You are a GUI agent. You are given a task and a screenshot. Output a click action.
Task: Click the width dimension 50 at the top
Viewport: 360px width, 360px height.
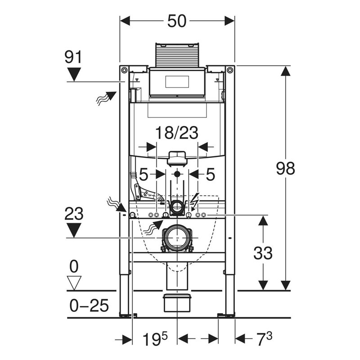click(x=177, y=21)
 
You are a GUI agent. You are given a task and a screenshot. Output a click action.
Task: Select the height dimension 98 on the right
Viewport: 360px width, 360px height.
click(x=286, y=168)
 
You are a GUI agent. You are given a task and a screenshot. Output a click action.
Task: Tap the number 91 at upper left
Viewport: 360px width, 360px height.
click(x=73, y=57)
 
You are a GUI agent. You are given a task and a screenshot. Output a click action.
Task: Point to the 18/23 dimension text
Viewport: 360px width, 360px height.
click(x=177, y=133)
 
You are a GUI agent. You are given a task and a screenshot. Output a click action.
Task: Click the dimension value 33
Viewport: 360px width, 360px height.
click(x=263, y=253)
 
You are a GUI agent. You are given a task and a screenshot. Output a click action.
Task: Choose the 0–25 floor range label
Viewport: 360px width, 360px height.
click(x=90, y=306)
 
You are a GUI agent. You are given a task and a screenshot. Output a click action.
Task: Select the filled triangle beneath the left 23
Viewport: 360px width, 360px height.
click(x=73, y=230)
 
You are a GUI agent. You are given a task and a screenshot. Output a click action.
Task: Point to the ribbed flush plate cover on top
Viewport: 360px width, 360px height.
click(x=177, y=55)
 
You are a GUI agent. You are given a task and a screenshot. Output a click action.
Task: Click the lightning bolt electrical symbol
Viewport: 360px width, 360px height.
click(x=195, y=201)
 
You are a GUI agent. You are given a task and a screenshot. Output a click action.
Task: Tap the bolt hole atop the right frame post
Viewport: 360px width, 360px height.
click(x=230, y=70)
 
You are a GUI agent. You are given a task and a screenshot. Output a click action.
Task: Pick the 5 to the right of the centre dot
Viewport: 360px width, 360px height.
click(x=210, y=174)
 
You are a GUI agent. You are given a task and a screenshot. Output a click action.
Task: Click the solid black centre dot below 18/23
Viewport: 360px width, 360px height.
click(x=178, y=174)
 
